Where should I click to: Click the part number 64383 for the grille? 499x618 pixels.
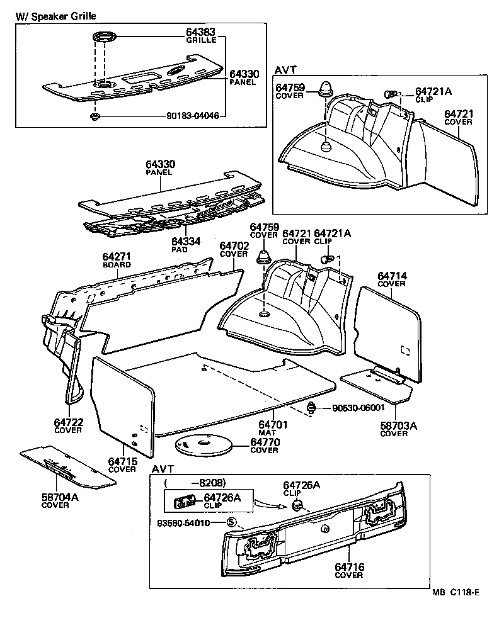200,31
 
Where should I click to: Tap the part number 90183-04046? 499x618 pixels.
193,116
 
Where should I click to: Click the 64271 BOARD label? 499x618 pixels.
117,257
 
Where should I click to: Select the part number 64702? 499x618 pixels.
234,245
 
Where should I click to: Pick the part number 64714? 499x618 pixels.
393,276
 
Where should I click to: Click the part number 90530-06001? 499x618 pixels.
358,408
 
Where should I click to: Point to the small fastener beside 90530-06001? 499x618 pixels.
311,407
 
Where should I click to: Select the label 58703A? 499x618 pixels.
398,425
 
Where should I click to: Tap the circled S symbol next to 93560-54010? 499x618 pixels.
231,522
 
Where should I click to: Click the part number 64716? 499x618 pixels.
348,567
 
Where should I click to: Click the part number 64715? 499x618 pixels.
122,461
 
